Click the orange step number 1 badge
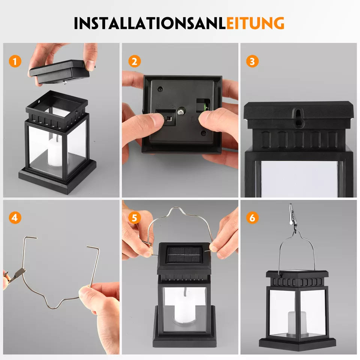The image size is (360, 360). click(15, 61)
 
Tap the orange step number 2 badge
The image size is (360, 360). click(134, 61)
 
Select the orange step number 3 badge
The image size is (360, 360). click(252, 61)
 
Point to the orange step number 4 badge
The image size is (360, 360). click(15, 217)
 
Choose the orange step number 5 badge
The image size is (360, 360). click(134, 217)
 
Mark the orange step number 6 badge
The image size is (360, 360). click(252, 217)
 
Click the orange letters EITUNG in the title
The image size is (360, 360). click(255, 23)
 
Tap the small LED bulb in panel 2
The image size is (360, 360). click(181, 111)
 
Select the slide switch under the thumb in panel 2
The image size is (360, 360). click(168, 118)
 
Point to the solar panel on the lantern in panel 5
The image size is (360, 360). click(184, 255)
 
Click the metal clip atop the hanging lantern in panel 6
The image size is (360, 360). click(292, 217)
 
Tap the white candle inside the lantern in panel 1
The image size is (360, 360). click(55, 151)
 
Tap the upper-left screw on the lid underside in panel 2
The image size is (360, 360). click(160, 88)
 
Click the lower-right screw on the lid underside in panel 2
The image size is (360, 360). click(203, 133)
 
